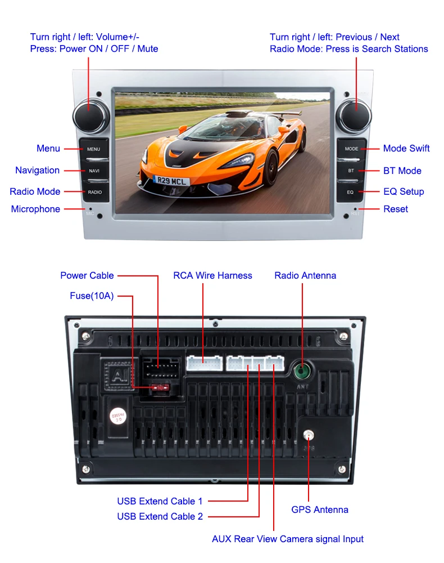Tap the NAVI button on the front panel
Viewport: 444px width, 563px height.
pyautogui.click(x=94, y=171)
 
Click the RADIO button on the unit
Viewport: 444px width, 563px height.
pyautogui.click(x=94, y=192)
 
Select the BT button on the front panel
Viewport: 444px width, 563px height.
pyautogui.click(x=351, y=171)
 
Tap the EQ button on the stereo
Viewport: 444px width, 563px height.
pyautogui.click(x=350, y=192)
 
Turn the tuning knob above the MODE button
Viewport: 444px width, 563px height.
pyautogui.click(x=354, y=114)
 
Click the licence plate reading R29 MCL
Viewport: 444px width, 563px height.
pyautogui.click(x=171, y=181)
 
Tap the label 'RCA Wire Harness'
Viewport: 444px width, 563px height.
pyautogui.click(x=212, y=275)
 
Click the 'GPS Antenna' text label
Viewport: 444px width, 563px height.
pyautogui.click(x=319, y=510)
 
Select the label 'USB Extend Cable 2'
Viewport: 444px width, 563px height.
pyautogui.click(x=160, y=516)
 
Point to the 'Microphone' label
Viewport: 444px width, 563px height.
pyautogui.click(x=35, y=209)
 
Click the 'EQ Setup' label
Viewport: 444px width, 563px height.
pyautogui.click(x=404, y=191)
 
